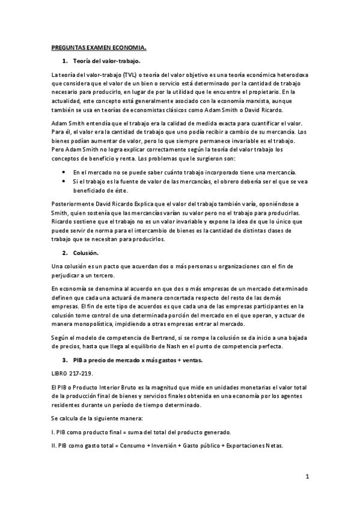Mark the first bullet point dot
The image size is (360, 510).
coord(64,172)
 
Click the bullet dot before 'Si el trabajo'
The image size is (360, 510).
coord(64,181)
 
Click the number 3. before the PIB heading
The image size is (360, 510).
coord(64,360)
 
